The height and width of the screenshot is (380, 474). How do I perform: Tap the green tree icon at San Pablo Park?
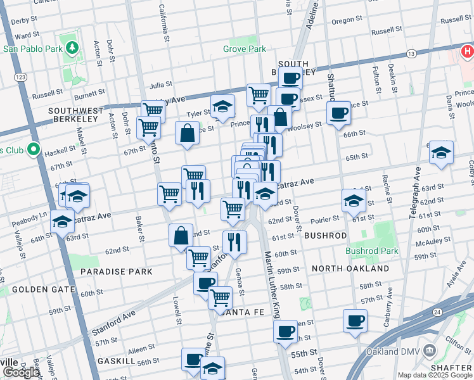tap(73, 47)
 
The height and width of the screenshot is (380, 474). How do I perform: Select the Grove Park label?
tap(244, 49)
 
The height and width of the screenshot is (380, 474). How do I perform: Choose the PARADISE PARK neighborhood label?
tap(116, 272)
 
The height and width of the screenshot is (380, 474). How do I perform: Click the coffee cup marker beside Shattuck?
tap(339, 113)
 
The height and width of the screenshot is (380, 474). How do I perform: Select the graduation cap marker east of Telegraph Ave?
tap(441, 153)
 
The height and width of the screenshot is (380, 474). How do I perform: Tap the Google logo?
tap(21, 372)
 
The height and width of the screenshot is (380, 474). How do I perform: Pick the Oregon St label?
tap(347, 20)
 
